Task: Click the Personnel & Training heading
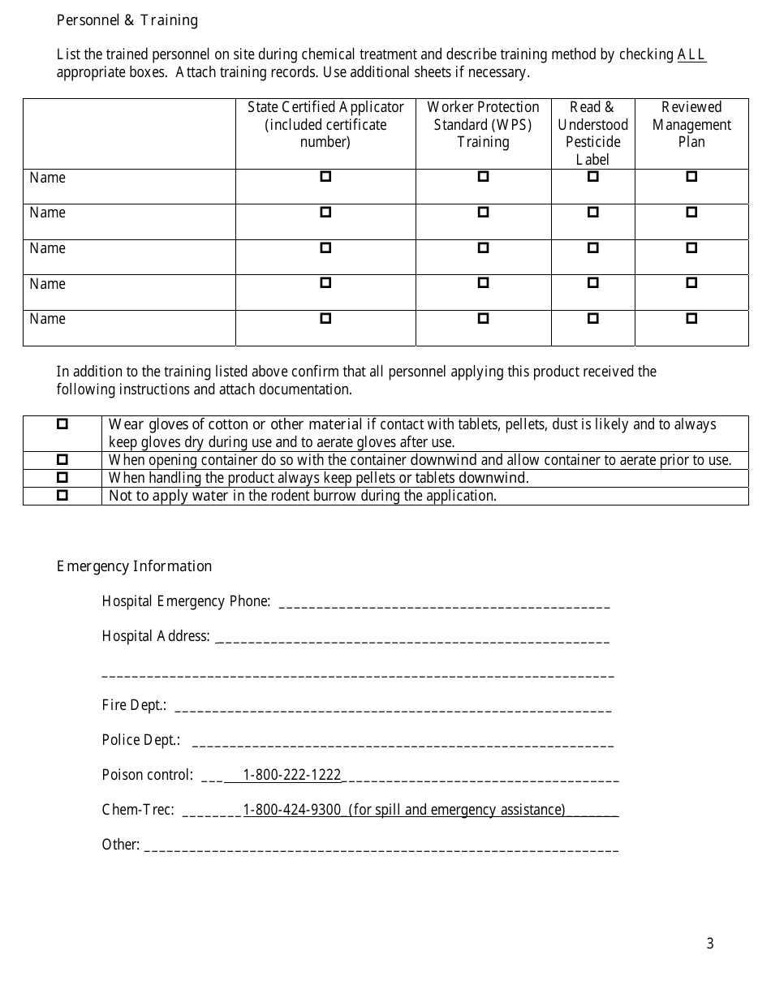(x=127, y=20)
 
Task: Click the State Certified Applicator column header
(x=325, y=124)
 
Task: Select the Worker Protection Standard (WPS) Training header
(x=483, y=124)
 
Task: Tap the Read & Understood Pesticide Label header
(x=592, y=133)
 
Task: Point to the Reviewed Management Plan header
(x=691, y=124)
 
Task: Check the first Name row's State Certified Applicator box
(x=325, y=176)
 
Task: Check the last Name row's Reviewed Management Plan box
(x=691, y=318)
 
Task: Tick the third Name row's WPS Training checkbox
(x=483, y=247)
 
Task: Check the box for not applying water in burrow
(x=62, y=495)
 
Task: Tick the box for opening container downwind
(x=62, y=459)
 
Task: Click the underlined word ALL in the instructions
(x=691, y=55)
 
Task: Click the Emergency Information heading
(x=134, y=566)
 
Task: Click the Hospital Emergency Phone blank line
(x=444, y=604)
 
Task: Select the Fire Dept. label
(x=134, y=706)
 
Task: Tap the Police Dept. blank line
(x=403, y=742)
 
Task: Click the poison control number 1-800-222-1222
(x=292, y=775)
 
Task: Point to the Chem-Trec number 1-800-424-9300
(x=292, y=810)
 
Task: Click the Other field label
(x=120, y=845)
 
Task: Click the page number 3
(x=710, y=943)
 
